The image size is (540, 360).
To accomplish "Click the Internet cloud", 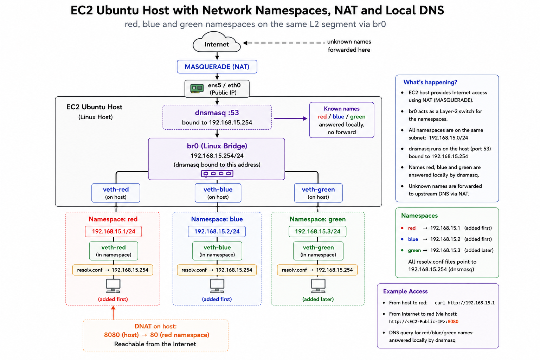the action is (217, 42).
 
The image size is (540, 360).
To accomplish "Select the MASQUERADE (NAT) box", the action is (217, 66).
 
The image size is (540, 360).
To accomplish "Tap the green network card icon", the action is (197, 89).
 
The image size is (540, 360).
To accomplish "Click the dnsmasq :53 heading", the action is (217, 112).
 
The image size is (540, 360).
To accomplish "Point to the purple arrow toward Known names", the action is (290, 118).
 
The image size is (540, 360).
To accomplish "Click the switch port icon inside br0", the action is (217, 174).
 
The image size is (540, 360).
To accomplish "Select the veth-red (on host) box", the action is (116, 193).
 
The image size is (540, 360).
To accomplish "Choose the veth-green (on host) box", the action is (318, 193).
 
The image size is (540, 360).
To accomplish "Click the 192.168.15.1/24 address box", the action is (113, 231).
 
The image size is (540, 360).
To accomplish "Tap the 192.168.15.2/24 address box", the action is (217, 231).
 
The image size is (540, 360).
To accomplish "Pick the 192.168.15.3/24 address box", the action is (317, 231).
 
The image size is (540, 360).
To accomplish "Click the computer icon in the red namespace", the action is (113, 286).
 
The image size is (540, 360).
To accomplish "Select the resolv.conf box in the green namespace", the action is (317, 270).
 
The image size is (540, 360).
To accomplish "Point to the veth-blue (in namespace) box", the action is (217, 251).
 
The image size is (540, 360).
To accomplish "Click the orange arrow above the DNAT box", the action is (113, 313).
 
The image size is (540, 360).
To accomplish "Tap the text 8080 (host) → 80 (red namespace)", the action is (157, 335).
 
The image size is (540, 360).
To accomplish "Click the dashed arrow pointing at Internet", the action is (284, 43).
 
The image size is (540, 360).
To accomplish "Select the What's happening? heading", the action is (430, 82).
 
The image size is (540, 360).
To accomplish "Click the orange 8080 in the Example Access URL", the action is (453, 321).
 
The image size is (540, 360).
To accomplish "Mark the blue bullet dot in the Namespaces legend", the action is (402, 239).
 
